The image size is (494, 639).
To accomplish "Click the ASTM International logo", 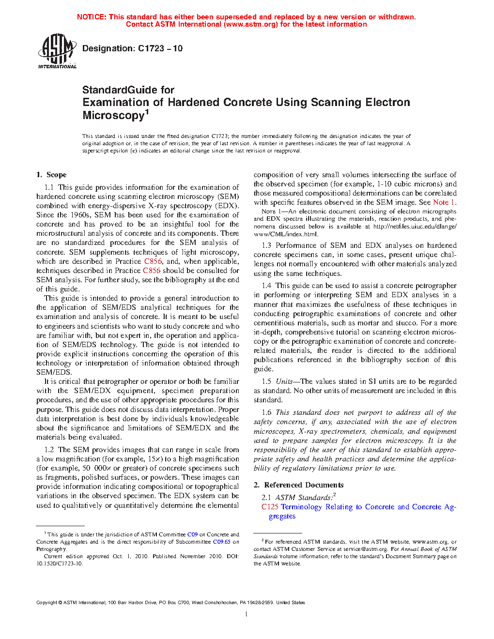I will [57, 51].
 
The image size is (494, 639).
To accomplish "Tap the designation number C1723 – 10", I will [160, 48].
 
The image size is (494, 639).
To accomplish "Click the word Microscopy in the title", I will [113, 116].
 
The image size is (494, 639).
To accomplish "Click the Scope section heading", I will [56, 175].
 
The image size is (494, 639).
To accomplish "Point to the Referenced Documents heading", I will [304, 485].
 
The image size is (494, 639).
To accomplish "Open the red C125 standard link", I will [270, 507].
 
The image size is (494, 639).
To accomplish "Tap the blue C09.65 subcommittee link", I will [222, 542].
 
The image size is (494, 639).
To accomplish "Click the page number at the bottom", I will [247, 614].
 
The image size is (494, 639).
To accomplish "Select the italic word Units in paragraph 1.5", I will [284, 381].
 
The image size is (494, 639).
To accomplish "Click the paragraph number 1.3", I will [266, 245].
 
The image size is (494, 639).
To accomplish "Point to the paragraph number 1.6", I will [266, 412].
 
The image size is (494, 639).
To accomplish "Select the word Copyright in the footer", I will [46, 603].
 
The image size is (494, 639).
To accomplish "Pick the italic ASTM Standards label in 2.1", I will [304, 498].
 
